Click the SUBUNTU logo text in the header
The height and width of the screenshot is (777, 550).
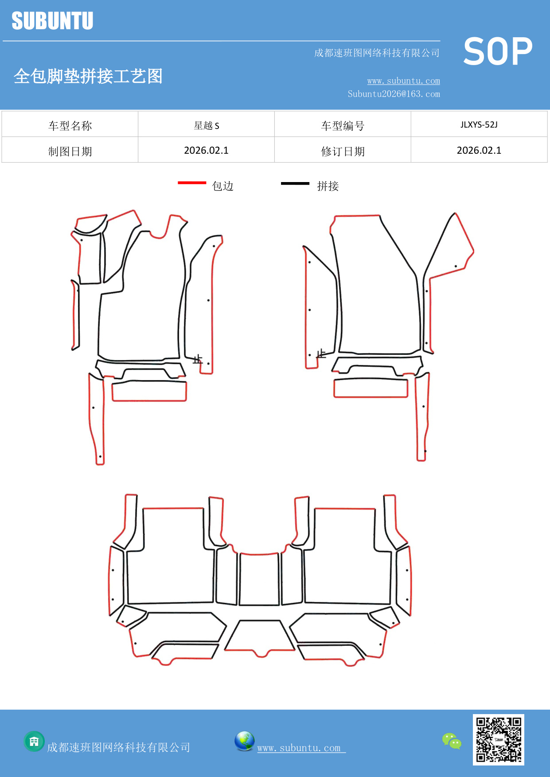click(x=52, y=21)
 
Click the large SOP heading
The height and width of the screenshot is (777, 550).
click(x=498, y=52)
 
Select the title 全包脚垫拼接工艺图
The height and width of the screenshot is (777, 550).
click(x=88, y=76)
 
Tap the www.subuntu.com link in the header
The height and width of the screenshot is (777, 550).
click(x=403, y=81)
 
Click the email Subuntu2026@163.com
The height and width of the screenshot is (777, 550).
click(x=394, y=94)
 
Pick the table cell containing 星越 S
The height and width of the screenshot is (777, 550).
click(x=206, y=125)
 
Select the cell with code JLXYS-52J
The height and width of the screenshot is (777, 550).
click(x=479, y=124)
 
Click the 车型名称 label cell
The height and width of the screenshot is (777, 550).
click(x=70, y=126)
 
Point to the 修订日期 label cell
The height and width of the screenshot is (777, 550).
click(x=343, y=152)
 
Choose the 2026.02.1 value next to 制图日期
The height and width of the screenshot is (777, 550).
click(x=206, y=151)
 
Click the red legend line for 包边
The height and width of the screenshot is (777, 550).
click(x=192, y=183)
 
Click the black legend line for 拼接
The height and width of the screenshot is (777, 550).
click(x=295, y=183)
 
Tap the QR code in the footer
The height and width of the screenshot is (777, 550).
click(x=498, y=739)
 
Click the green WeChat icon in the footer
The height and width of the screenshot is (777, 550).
click(x=452, y=741)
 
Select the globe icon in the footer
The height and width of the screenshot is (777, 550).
click(x=244, y=741)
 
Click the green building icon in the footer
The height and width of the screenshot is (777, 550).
click(x=34, y=741)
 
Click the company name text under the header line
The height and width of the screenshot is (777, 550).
click(x=377, y=53)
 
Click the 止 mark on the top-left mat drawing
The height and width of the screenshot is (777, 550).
click(x=198, y=359)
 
